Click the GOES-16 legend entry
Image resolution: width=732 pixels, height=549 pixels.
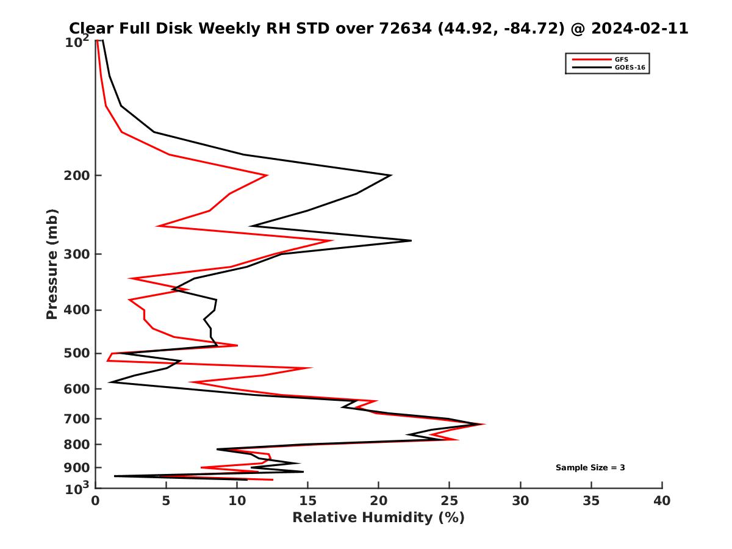[x=631, y=68]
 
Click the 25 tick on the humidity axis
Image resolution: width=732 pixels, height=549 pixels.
[x=450, y=501]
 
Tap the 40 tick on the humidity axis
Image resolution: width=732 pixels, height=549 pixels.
[x=662, y=501]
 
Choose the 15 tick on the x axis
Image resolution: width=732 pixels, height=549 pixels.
[x=307, y=501]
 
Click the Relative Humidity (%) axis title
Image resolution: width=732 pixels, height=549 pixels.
[x=378, y=518]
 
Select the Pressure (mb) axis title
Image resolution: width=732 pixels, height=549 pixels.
[x=52, y=264]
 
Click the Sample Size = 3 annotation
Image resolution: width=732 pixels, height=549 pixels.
[x=590, y=468]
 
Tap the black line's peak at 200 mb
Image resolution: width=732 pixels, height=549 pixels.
[x=390, y=176]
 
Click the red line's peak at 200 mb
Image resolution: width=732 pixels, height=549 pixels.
[x=267, y=176]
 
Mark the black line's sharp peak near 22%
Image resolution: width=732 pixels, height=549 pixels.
[x=411, y=240]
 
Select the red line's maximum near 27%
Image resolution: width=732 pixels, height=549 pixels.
[x=484, y=424]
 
